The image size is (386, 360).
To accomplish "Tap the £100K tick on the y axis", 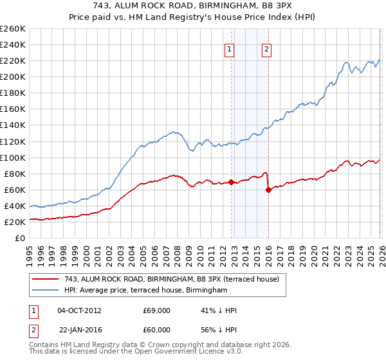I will coord(13,157).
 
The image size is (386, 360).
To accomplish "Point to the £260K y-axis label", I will coord(13,29).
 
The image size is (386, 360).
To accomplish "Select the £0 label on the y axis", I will coord(19,238).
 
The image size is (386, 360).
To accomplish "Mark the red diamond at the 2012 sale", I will coord(231,183).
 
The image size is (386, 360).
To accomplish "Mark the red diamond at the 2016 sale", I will coord(268,190).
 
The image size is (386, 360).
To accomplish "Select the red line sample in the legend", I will coord(46,279).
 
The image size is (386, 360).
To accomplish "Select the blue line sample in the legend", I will coord(46,291).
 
